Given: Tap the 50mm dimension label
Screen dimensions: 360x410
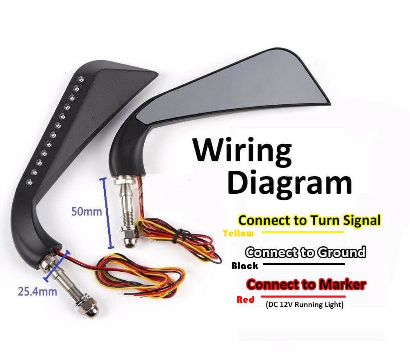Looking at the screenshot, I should click(87, 212).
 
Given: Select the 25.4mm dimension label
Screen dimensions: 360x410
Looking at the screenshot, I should click(37, 292).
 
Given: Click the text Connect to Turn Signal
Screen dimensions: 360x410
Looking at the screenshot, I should click(310, 220).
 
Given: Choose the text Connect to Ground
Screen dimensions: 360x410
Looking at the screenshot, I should click(305, 252).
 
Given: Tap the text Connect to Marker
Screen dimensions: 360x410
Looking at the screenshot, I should click(306, 284).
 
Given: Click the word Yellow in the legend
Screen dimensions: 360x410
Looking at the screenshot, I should click(238, 234).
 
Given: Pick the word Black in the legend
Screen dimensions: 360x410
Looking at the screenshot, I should click(245, 266).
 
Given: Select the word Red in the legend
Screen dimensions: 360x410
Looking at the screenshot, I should click(246, 300).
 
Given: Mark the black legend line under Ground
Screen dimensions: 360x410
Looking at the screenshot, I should click(303, 264).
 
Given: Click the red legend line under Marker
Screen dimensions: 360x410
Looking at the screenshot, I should click(303, 296).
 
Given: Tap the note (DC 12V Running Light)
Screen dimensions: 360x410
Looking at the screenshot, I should click(304, 305).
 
